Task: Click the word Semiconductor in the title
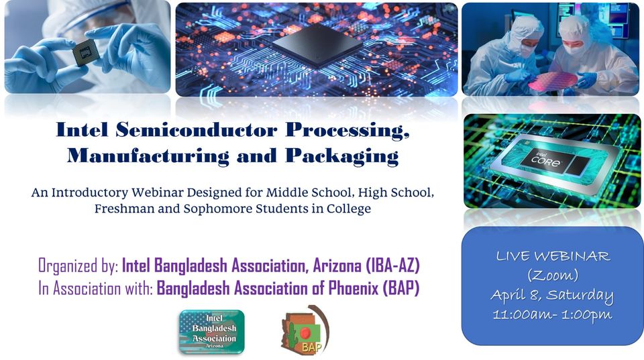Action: (x=197, y=130)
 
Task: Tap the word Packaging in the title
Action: (x=341, y=157)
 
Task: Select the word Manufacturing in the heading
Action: (x=148, y=156)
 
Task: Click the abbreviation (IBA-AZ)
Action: (x=392, y=265)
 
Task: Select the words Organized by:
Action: (x=78, y=266)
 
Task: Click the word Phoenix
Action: (x=354, y=288)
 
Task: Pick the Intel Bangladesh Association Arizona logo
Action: (x=211, y=332)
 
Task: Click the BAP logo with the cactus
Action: (x=305, y=330)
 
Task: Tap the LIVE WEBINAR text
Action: (x=553, y=256)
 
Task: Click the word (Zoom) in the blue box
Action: (x=553, y=275)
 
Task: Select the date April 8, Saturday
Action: (x=552, y=295)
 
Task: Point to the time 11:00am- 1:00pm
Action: (x=552, y=315)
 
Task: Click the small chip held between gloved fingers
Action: (x=86, y=52)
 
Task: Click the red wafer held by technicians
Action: (x=552, y=81)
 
